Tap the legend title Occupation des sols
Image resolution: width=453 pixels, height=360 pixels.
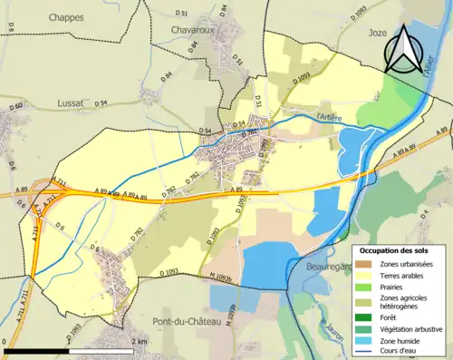click(x=400, y=249)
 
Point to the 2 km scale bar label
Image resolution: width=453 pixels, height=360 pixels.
click(x=137, y=342)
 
